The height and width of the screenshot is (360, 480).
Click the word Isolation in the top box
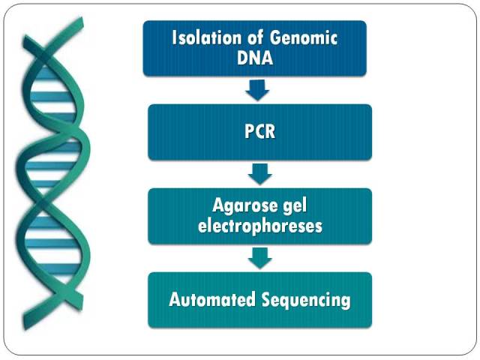[x=207, y=37]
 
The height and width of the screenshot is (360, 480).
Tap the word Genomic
[x=303, y=37]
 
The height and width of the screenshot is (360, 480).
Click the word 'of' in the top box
[x=255, y=37]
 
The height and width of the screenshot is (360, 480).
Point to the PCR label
[x=260, y=132]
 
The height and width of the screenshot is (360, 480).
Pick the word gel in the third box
[x=294, y=205]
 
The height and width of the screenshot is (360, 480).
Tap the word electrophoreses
[x=260, y=226]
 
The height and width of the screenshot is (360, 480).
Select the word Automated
[x=212, y=299]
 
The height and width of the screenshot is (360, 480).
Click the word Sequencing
[x=306, y=300]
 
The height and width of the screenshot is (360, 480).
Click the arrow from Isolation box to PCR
[x=257, y=90]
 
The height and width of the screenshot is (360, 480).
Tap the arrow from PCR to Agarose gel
[x=260, y=174]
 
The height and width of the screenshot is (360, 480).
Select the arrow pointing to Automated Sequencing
[x=260, y=258]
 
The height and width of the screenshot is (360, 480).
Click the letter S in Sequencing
[x=267, y=299]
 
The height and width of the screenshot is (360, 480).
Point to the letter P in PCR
[x=249, y=132]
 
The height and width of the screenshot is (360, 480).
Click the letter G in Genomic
[x=275, y=37]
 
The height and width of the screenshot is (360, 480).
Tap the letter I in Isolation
[x=174, y=37]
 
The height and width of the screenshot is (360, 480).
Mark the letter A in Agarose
[x=218, y=205]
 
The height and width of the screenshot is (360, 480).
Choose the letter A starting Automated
[x=175, y=299]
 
